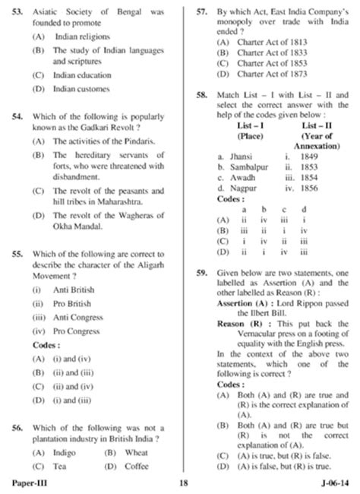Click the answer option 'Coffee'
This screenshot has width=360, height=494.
[137, 466]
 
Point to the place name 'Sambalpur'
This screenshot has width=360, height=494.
[245, 166]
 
